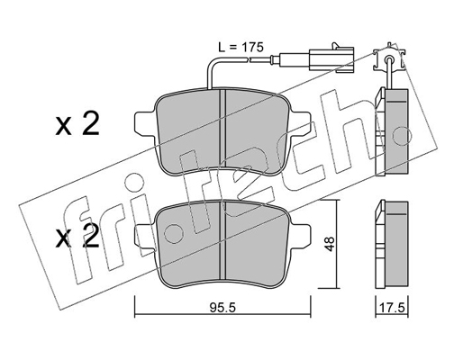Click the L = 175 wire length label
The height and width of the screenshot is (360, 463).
pyautogui.click(x=241, y=47)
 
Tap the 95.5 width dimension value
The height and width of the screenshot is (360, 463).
pyautogui.click(x=222, y=308)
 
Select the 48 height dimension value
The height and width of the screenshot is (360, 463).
pyautogui.click(x=330, y=244)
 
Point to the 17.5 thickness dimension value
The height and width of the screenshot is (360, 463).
pyautogui.click(x=392, y=308)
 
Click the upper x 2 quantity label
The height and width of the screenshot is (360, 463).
pyautogui.click(x=77, y=124)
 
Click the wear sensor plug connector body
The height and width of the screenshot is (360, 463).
pyautogui.click(x=331, y=59)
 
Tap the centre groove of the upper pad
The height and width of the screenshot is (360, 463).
pyautogui.click(x=222, y=129)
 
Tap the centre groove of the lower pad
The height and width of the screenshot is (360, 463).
pyautogui.click(x=222, y=241)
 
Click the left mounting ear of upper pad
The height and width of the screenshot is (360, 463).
pyautogui.click(x=146, y=123)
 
